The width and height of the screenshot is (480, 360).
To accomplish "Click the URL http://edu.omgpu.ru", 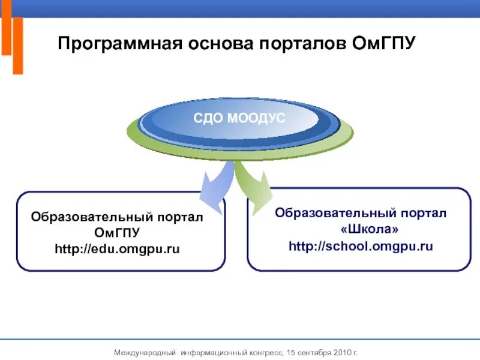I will tap(118, 248).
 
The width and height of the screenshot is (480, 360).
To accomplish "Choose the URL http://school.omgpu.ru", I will tap(361, 246).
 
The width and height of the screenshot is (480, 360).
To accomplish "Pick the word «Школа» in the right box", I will tap(361, 230).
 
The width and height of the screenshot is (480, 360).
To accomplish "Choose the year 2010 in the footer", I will tap(341, 352).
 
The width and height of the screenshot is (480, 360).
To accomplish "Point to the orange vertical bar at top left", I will tap(17, 45).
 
